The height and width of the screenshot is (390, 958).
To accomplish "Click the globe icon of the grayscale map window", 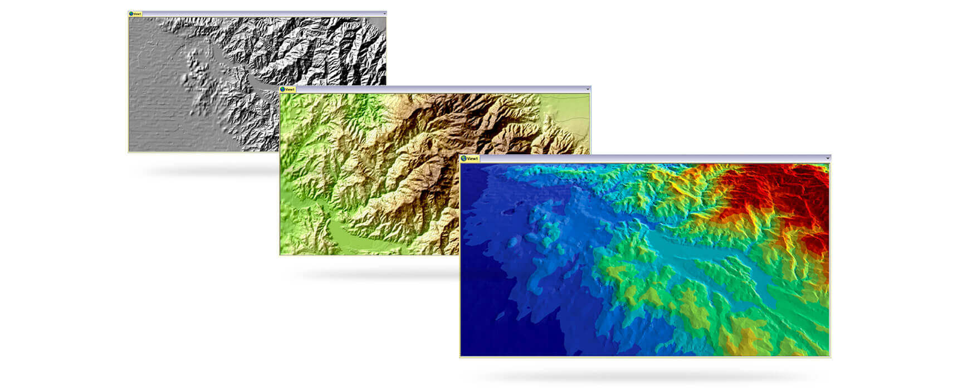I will (131, 14).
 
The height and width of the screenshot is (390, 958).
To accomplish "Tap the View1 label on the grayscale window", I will (137, 14).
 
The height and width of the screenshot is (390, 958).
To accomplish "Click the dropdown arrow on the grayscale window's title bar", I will (384, 14).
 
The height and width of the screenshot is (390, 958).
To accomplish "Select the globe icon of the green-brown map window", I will (282, 89).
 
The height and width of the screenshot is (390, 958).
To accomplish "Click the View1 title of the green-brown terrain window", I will (290, 89).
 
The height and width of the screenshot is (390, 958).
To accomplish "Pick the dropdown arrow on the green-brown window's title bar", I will (588, 89).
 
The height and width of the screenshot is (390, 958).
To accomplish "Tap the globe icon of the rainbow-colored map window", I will (463, 159).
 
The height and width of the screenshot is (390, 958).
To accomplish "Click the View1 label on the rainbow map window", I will (472, 159).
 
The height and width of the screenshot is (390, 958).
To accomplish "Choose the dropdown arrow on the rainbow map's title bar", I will (828, 159).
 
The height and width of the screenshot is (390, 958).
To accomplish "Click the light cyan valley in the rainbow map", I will (702, 256).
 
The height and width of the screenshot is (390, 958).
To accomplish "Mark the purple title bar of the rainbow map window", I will (641, 159).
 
